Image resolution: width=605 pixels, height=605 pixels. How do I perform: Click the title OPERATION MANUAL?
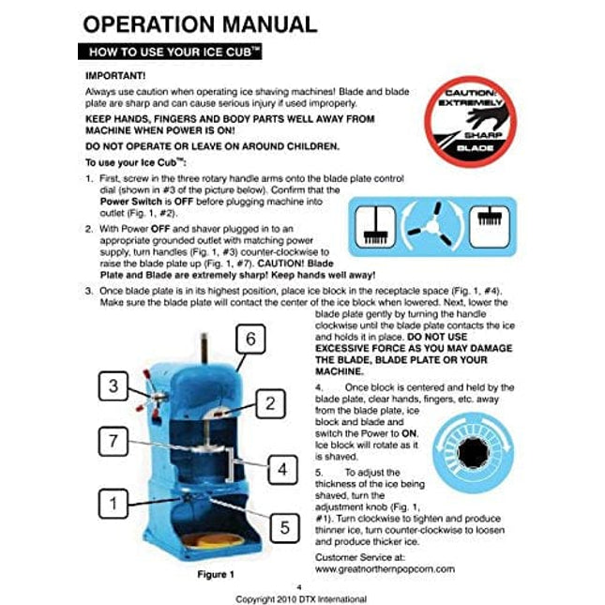[200, 24]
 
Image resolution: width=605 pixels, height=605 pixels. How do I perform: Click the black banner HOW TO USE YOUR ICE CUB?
[170, 52]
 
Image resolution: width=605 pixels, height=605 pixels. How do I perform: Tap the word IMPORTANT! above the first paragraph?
[115, 76]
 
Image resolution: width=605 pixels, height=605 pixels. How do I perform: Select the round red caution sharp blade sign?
[470, 122]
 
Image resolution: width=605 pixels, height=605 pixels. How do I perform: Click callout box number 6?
[250, 340]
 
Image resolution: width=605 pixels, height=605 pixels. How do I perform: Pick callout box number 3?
[113, 386]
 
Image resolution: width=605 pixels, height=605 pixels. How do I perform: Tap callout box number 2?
[270, 403]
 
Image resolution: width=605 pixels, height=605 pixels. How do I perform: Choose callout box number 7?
[113, 441]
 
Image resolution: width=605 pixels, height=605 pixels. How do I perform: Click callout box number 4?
[282, 470]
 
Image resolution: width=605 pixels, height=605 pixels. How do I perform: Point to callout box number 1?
[113, 504]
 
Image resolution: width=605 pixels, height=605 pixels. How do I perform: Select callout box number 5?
[284, 528]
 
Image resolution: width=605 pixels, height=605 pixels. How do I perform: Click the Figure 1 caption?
[216, 575]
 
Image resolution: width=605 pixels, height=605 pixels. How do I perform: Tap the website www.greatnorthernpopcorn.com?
[385, 569]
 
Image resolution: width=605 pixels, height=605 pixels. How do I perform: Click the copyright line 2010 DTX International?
[301, 599]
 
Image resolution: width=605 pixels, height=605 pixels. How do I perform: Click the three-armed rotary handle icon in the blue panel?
[431, 225]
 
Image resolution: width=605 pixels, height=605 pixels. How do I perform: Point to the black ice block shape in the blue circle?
[473, 453]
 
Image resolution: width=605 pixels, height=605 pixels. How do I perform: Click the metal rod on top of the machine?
[204, 348]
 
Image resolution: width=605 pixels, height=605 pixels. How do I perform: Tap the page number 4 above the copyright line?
[299, 587]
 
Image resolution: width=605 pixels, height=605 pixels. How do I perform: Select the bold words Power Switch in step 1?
[130, 202]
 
